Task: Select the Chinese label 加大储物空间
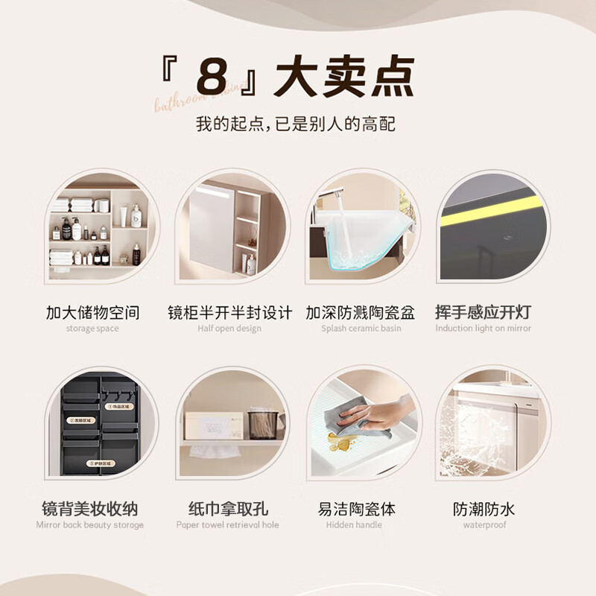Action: tap(92, 312)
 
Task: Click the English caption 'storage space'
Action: tap(92, 329)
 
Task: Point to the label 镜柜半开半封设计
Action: tap(229, 312)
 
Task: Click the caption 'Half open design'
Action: tap(229, 329)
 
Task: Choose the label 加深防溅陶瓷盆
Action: tap(361, 312)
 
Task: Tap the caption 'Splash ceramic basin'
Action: tap(361, 329)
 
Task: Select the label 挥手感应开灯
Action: tap(484, 312)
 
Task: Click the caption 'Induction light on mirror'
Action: tap(484, 329)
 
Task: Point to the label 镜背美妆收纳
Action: tap(90, 510)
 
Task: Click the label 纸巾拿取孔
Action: tap(228, 510)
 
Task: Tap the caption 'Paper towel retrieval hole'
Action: tap(228, 525)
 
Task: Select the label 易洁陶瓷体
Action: tap(356, 510)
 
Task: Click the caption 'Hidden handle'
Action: tap(356, 525)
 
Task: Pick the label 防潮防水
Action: tap(484, 510)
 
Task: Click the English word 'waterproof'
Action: tap(484, 525)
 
